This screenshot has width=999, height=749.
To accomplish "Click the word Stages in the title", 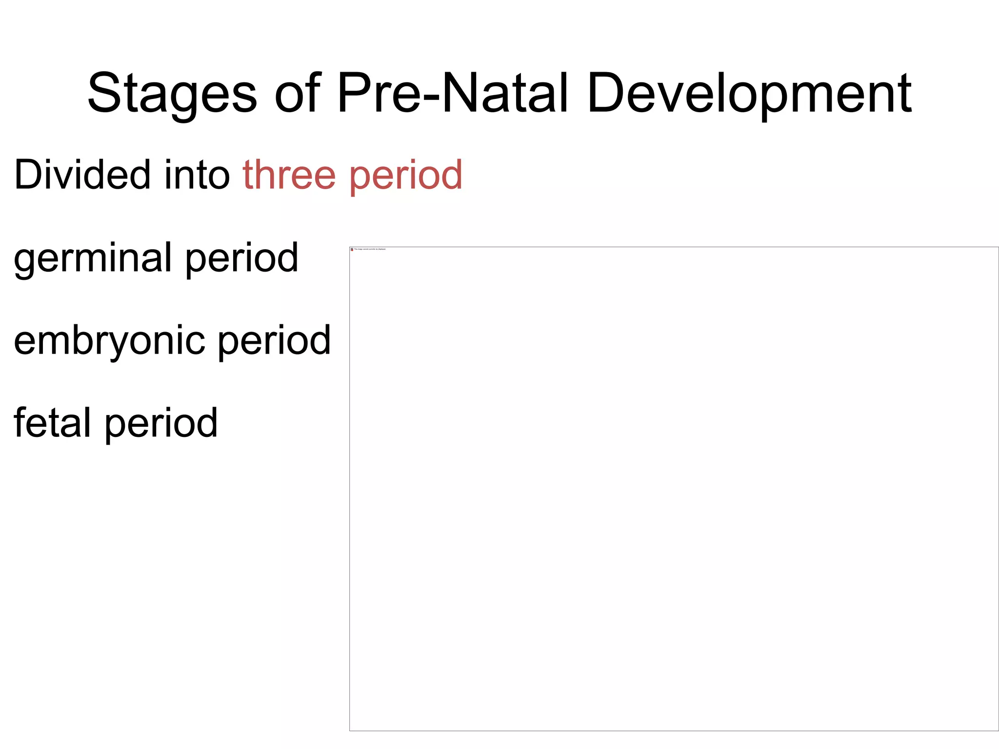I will (172, 94).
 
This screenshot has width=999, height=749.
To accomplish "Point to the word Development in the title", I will (749, 94).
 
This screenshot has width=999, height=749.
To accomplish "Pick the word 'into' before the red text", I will (197, 175).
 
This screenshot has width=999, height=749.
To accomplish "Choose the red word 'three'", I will (289, 175).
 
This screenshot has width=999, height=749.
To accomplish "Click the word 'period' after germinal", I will (241, 258).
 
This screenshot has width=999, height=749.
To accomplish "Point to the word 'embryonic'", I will (109, 340).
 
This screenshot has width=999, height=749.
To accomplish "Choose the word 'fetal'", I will (52, 423).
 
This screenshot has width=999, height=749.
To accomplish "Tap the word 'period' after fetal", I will (161, 423).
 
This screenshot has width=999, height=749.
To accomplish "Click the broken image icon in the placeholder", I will (352, 249).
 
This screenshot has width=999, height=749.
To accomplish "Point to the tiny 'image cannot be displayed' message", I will (370, 249).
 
